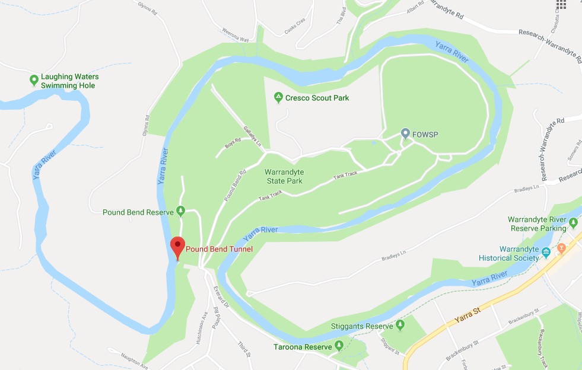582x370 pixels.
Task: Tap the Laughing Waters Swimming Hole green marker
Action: (x=34, y=79)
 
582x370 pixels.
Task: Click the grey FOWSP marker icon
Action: (x=406, y=134)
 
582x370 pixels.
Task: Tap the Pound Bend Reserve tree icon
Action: (x=181, y=211)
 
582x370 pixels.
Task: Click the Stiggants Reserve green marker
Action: (x=400, y=325)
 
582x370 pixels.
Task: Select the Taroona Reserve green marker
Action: (x=339, y=345)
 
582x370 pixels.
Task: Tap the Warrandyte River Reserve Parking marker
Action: (x=573, y=224)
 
